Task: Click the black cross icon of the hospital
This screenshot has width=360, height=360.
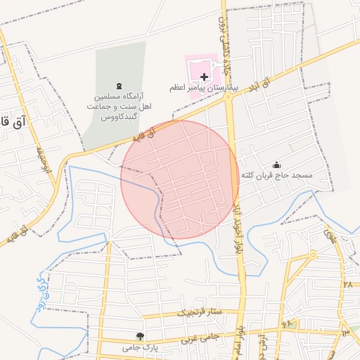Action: click(205, 76)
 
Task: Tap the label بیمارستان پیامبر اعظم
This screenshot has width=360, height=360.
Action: click(205, 89)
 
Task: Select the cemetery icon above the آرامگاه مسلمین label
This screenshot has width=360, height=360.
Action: click(117, 83)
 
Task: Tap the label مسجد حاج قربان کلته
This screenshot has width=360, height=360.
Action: click(276, 174)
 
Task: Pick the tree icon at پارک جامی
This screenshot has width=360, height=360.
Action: click(141, 336)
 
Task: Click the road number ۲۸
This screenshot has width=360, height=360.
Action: click(347, 284)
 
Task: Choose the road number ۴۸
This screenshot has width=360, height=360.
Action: click(287, 323)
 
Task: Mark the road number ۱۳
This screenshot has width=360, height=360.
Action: click(345, 331)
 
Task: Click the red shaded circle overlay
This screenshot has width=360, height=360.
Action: click(180, 180)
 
